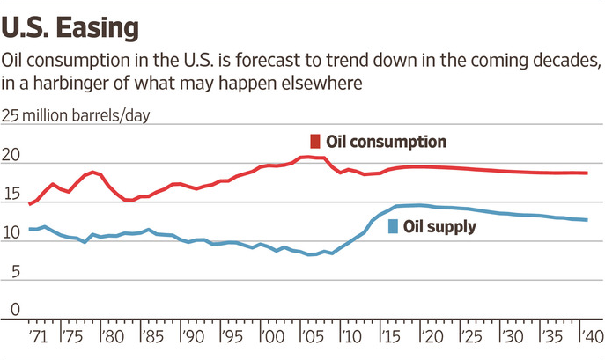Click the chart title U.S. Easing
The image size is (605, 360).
click(x=70, y=26)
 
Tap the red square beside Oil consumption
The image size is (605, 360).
click(x=314, y=142)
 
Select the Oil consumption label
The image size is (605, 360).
click(x=387, y=142)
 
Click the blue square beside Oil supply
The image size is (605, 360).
click(x=392, y=227)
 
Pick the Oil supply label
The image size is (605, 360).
click(x=439, y=227)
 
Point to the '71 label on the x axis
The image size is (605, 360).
click(x=38, y=337)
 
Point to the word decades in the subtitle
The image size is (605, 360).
click(x=567, y=61)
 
